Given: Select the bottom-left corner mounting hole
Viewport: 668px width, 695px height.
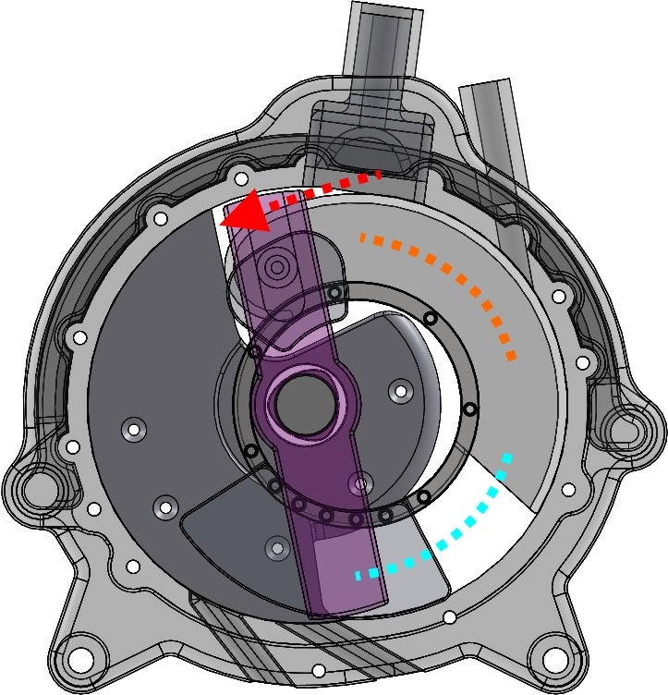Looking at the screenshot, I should [x=81, y=660].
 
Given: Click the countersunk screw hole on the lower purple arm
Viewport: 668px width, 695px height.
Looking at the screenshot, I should [x=359, y=482].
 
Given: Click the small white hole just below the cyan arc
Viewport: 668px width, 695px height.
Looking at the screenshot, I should [x=449, y=617].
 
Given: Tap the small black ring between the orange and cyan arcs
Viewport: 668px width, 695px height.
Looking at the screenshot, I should [x=469, y=409].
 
